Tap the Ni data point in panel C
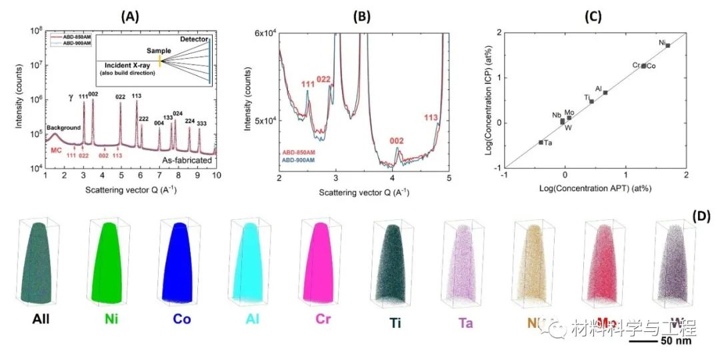tap(667, 45)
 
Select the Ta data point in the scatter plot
tap(540, 142)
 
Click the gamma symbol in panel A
tap(71, 97)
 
